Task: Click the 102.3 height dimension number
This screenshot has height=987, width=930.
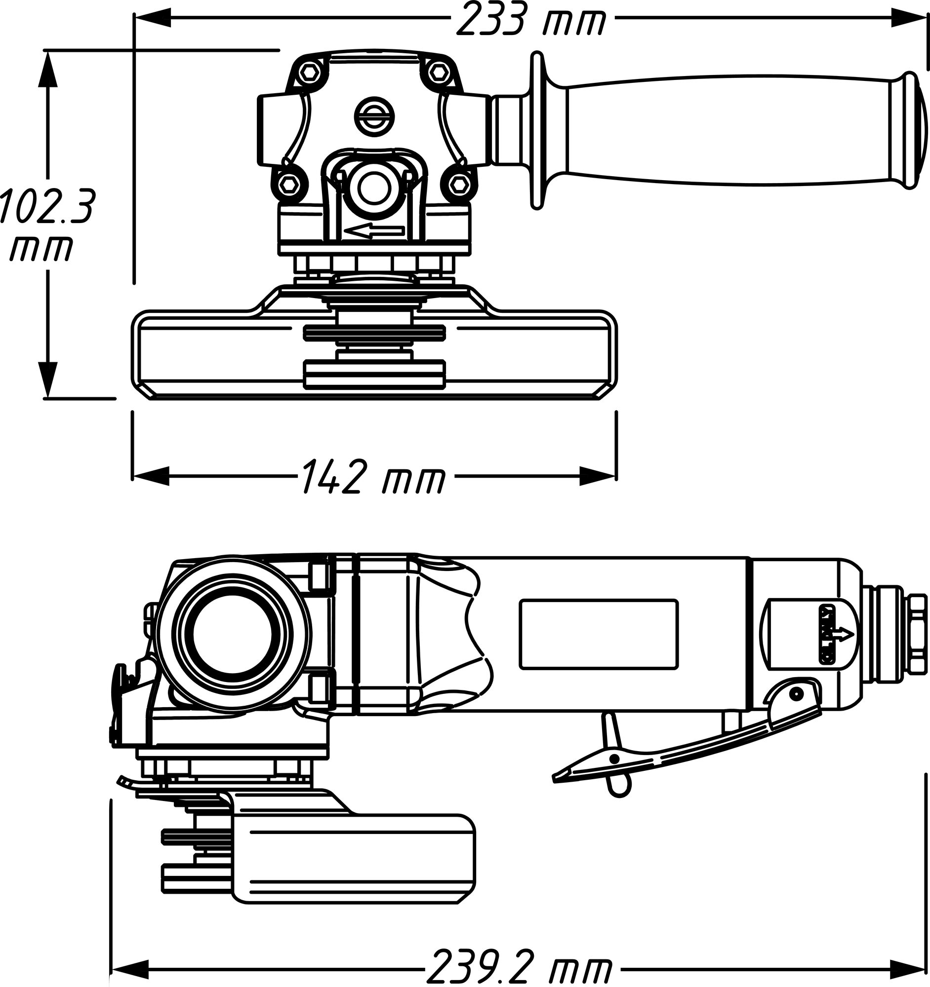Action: click(46, 205)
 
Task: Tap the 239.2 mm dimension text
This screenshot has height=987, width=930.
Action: click(519, 967)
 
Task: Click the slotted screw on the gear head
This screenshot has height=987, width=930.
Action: click(373, 117)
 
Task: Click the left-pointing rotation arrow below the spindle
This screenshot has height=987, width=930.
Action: click(375, 231)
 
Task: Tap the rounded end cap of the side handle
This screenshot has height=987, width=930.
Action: click(920, 132)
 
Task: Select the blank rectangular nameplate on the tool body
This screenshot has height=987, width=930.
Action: click(598, 634)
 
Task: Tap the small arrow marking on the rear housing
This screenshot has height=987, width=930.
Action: click(844, 634)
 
